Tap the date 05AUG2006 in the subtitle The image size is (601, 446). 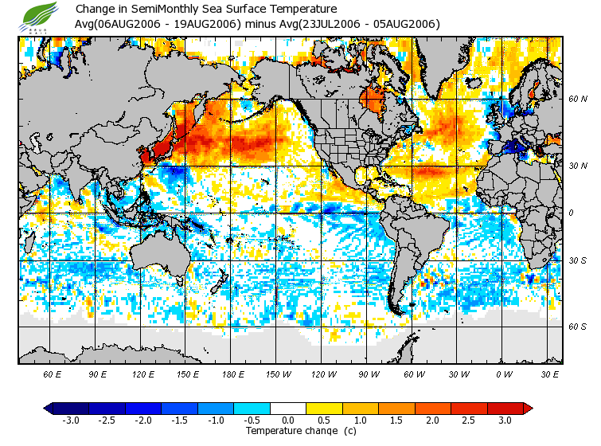[406, 24]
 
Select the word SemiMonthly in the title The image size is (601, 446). [171, 10]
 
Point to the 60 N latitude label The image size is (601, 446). [577, 100]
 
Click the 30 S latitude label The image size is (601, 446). [577, 260]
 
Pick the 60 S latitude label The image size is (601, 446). [577, 327]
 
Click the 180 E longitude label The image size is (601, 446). [232, 374]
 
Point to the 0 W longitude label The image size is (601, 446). [504, 374]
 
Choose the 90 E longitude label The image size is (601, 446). [97, 374]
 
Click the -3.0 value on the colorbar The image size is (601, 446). [71, 421]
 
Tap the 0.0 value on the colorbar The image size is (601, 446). [287, 421]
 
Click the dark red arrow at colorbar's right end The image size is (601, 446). [528, 408]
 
